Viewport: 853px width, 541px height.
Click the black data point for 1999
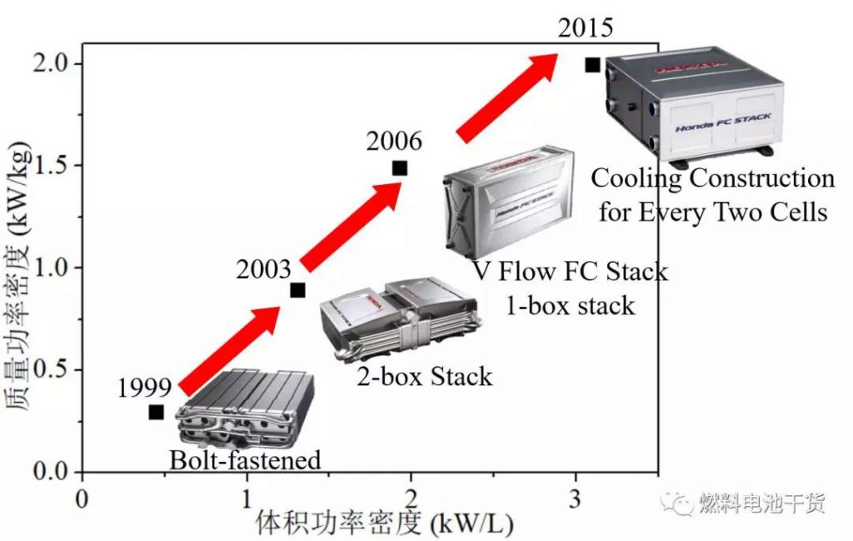pyautogui.click(x=156, y=412)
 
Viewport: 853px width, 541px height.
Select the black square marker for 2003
pyautogui.click(x=297, y=290)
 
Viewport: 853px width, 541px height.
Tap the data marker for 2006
pyautogui.click(x=400, y=168)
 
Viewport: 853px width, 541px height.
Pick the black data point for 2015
pyautogui.click(x=592, y=64)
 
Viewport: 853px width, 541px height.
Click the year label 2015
pyautogui.click(x=586, y=28)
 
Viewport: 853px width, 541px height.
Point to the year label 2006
pyautogui.click(x=394, y=140)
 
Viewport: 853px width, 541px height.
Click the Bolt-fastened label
pyautogui.click(x=245, y=459)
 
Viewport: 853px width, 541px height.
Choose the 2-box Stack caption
pyautogui.click(x=425, y=376)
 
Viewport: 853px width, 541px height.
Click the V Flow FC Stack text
pyautogui.click(x=571, y=272)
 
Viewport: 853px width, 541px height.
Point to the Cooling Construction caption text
pyautogui.click(x=712, y=178)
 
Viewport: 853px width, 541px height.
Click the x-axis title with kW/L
pyautogui.click(x=384, y=523)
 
